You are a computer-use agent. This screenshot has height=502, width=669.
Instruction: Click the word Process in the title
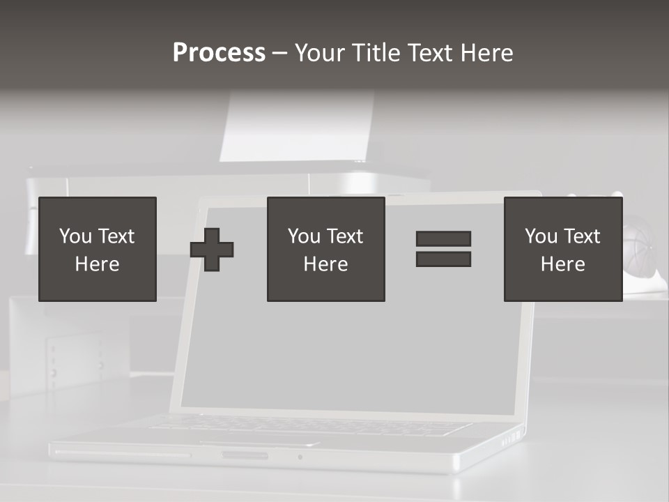(x=219, y=53)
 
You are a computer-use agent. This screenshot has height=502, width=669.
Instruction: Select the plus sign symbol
(x=212, y=250)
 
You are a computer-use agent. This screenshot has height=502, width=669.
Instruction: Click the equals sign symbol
(x=443, y=249)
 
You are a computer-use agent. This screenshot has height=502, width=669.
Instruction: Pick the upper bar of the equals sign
(x=443, y=239)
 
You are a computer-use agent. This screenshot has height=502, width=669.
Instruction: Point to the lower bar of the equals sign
(x=443, y=259)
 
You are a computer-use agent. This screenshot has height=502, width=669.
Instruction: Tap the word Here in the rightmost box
(x=562, y=264)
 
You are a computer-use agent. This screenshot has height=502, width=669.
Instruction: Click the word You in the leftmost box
(x=75, y=236)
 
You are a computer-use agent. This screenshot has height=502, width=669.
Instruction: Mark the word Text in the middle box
(x=345, y=236)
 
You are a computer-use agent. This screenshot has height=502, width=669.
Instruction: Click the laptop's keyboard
(x=307, y=425)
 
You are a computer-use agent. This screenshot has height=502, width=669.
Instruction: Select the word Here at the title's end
(x=487, y=53)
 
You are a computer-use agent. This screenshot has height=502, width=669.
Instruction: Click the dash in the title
(x=280, y=53)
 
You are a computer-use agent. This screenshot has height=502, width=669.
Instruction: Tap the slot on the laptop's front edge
(x=244, y=455)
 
